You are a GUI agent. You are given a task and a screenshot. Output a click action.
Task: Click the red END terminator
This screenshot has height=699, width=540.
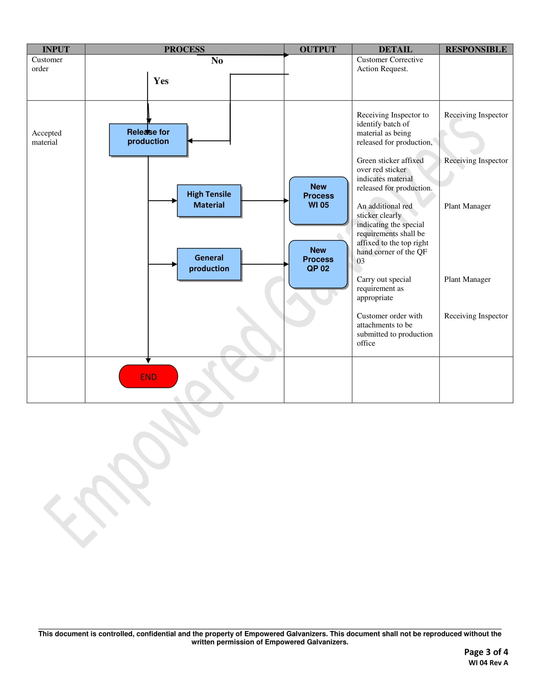148,377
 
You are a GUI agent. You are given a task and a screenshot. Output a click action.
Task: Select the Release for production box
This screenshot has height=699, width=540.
148,139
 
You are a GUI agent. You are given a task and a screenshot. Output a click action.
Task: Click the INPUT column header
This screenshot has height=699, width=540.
56,49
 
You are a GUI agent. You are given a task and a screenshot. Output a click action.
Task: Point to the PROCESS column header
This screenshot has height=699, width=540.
184,49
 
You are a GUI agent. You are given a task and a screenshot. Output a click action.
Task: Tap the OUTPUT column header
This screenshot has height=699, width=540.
318,49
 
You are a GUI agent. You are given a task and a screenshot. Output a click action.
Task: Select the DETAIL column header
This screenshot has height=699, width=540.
395,49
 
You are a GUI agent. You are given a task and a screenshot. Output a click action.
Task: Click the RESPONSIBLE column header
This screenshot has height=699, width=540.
476,49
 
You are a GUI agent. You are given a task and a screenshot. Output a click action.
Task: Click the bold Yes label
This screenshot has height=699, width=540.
161,81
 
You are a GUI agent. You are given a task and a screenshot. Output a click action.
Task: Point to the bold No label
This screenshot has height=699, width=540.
217,60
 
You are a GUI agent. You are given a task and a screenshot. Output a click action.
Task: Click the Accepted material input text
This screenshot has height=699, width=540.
47,138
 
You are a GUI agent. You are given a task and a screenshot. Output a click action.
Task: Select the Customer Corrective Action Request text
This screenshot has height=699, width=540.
390,64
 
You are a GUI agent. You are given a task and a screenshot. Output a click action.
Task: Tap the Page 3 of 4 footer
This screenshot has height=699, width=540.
486,652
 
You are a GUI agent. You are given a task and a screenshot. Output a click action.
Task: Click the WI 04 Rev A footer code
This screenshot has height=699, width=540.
488,663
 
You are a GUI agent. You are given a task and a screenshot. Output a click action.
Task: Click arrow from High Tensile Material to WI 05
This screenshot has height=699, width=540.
265,201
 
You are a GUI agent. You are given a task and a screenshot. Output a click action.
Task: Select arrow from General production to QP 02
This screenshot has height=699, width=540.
265,264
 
